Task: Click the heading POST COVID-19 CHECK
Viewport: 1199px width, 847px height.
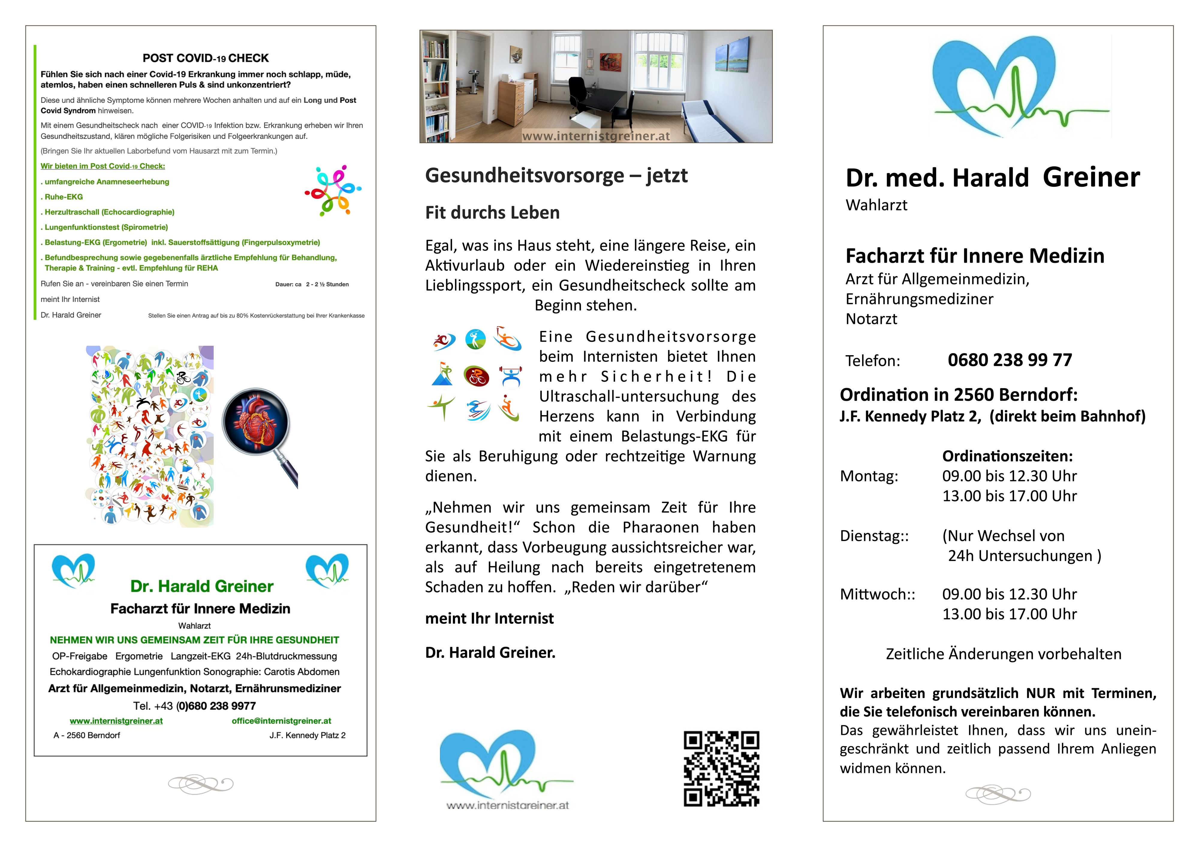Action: [x=206, y=58]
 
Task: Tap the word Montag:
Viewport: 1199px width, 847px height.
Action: [x=869, y=476]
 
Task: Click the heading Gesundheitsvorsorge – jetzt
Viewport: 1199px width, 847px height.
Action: [x=556, y=175]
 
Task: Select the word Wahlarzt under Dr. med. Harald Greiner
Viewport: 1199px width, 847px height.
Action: [x=876, y=205]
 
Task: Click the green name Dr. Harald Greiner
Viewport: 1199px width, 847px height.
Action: [x=201, y=587]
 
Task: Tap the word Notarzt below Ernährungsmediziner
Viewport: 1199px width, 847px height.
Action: [x=871, y=319]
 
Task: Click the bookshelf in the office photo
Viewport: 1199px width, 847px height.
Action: [x=436, y=86]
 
